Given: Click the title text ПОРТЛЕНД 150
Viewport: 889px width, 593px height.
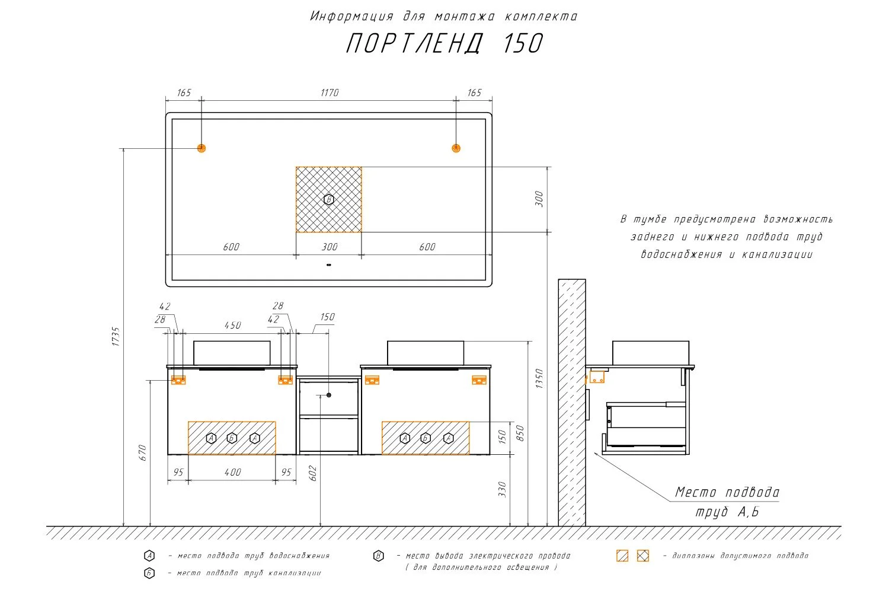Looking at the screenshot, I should (444, 44).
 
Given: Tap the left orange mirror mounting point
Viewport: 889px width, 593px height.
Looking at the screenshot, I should (202, 148).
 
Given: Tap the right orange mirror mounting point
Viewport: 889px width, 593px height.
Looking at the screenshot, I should (456, 148).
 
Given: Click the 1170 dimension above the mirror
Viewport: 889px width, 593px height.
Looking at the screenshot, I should (330, 93).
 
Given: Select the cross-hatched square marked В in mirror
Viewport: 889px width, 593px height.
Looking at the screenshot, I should (329, 199).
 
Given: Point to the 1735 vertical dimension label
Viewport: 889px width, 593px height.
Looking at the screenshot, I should (116, 336).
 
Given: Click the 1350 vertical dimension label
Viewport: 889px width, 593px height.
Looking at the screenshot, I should (539, 378).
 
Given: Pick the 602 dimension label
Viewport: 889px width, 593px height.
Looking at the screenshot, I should (313, 473).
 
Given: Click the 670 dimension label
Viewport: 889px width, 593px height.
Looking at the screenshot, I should (142, 453).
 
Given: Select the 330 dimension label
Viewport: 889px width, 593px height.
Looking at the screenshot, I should (503, 489).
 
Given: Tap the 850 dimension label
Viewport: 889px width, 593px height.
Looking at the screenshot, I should (520, 433).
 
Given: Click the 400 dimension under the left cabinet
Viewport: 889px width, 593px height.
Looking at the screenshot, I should (232, 473).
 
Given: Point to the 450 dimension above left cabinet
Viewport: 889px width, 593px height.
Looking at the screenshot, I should (232, 326).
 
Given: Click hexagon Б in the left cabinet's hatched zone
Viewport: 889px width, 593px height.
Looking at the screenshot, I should (232, 438).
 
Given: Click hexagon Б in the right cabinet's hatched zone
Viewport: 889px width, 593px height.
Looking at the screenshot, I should (426, 438).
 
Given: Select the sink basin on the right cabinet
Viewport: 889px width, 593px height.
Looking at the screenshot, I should (426, 353).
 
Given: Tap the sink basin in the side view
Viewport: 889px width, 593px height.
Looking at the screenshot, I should (651, 353).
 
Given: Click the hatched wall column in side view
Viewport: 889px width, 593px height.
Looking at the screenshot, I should (572, 403).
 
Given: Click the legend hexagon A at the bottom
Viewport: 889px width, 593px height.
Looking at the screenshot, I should (149, 556).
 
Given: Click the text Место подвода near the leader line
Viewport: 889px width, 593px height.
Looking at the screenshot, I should (727, 492).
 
